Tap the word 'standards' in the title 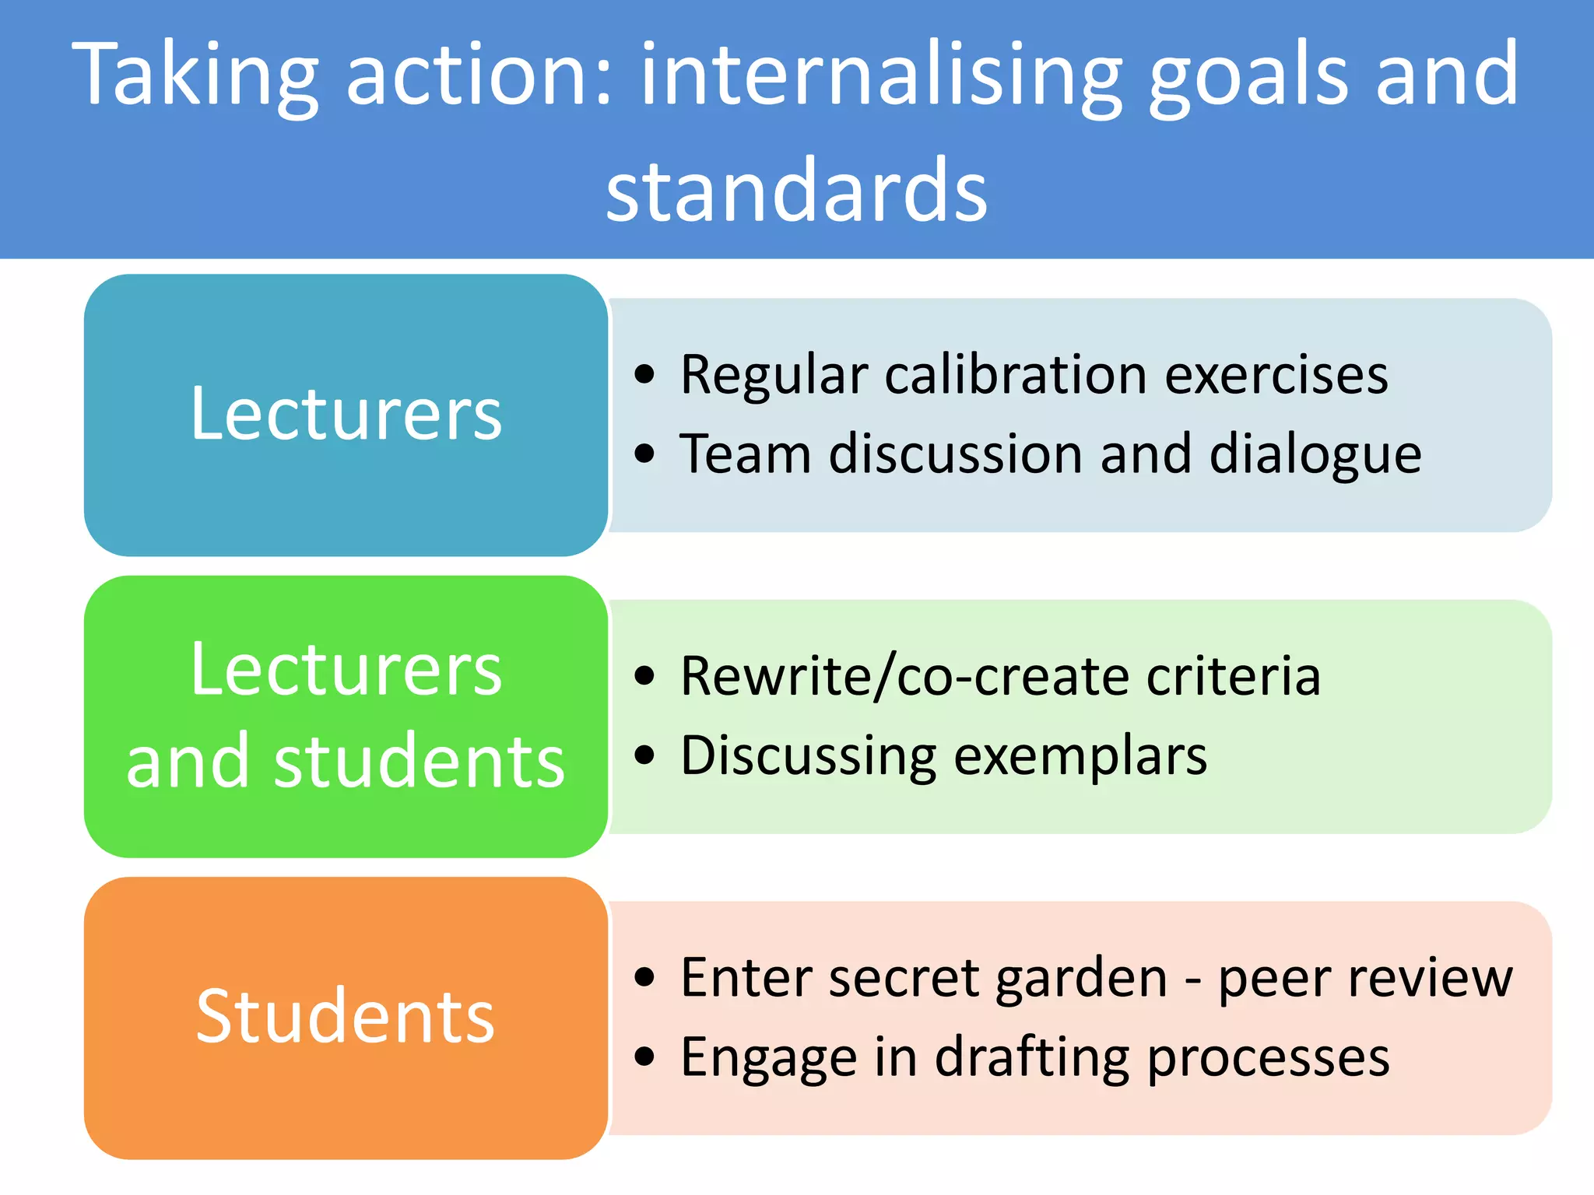[797, 191]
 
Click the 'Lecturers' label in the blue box [346, 414]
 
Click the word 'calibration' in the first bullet [1015, 374]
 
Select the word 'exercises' [1276, 374]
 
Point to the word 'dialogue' [1315, 455]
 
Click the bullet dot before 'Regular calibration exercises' [644, 374]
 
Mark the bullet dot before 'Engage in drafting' [644, 1057]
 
